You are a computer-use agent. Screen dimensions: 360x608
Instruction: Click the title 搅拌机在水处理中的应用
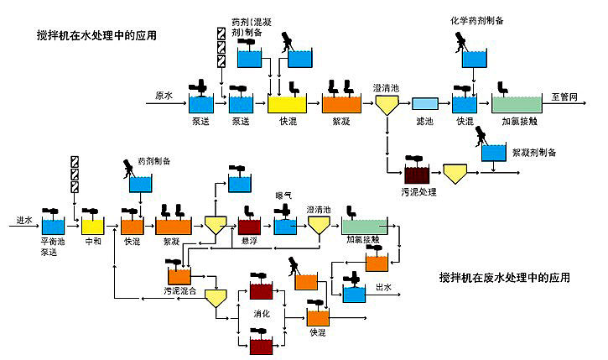[96, 35]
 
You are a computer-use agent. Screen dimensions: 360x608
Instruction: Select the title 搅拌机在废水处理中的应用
[506, 277]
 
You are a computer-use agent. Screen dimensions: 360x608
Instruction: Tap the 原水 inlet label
[164, 95]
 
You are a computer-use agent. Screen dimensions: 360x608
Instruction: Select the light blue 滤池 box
[424, 104]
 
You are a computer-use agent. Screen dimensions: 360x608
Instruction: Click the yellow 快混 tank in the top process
[287, 104]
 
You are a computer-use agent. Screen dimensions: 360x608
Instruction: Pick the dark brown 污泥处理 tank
[416, 175]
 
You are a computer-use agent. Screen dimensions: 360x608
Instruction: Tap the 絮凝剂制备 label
[533, 152]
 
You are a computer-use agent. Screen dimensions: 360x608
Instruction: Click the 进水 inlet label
[23, 220]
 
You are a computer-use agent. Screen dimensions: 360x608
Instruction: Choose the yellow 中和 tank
[92, 226]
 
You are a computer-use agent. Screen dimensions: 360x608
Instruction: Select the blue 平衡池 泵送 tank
[53, 226]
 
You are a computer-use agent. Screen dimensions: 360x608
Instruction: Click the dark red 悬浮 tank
[249, 226]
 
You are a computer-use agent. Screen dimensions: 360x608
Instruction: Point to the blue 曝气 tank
[285, 225]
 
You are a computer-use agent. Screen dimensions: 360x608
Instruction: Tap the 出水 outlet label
[383, 287]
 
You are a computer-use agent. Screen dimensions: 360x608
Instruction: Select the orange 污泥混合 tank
[179, 275]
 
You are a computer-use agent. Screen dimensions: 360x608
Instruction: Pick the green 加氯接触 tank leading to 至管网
[516, 104]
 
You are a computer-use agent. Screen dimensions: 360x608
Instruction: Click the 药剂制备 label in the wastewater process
[154, 159]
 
